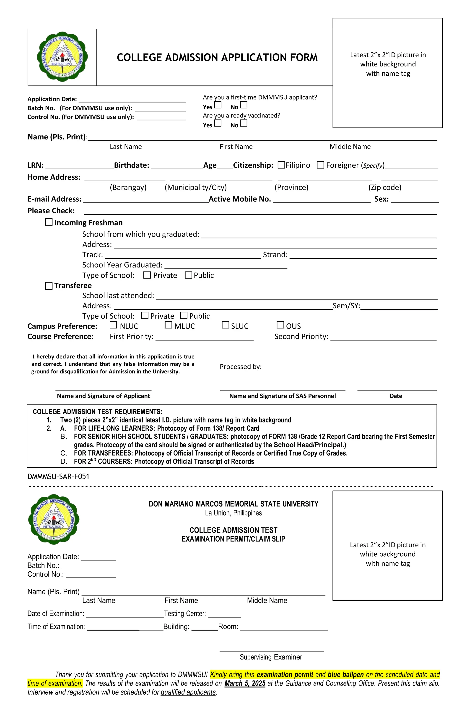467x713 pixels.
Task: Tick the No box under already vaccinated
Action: point(244,123)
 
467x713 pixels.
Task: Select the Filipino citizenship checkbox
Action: point(281,165)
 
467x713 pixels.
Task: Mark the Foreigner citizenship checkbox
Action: point(320,165)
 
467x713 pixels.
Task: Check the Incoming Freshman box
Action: point(49,222)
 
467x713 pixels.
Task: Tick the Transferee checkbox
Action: point(49,286)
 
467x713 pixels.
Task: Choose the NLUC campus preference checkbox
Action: point(113,325)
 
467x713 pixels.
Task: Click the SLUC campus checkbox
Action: point(225,325)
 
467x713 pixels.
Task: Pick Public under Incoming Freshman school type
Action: point(188,275)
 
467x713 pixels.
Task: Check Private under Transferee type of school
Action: point(145,315)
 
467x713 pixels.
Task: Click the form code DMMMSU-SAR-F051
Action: point(58,477)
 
